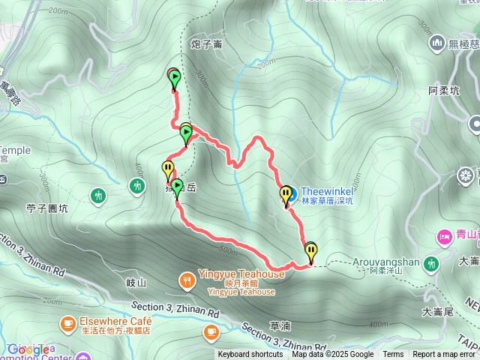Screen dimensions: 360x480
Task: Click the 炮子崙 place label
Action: [206, 44]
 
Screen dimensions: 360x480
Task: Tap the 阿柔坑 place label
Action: [442, 90]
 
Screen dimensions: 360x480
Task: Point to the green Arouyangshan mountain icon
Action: [431, 263]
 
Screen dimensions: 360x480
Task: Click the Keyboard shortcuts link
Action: [250, 355]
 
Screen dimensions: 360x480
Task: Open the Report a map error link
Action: [444, 355]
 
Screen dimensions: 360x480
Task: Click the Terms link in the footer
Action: [393, 355]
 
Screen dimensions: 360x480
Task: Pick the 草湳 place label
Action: [279, 326]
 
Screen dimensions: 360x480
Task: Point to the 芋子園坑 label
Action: [46, 208]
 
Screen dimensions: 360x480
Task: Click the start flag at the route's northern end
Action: [174, 76]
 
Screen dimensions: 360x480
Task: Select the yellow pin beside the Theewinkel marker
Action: [285, 195]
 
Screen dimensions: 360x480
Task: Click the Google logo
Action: [28, 349]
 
